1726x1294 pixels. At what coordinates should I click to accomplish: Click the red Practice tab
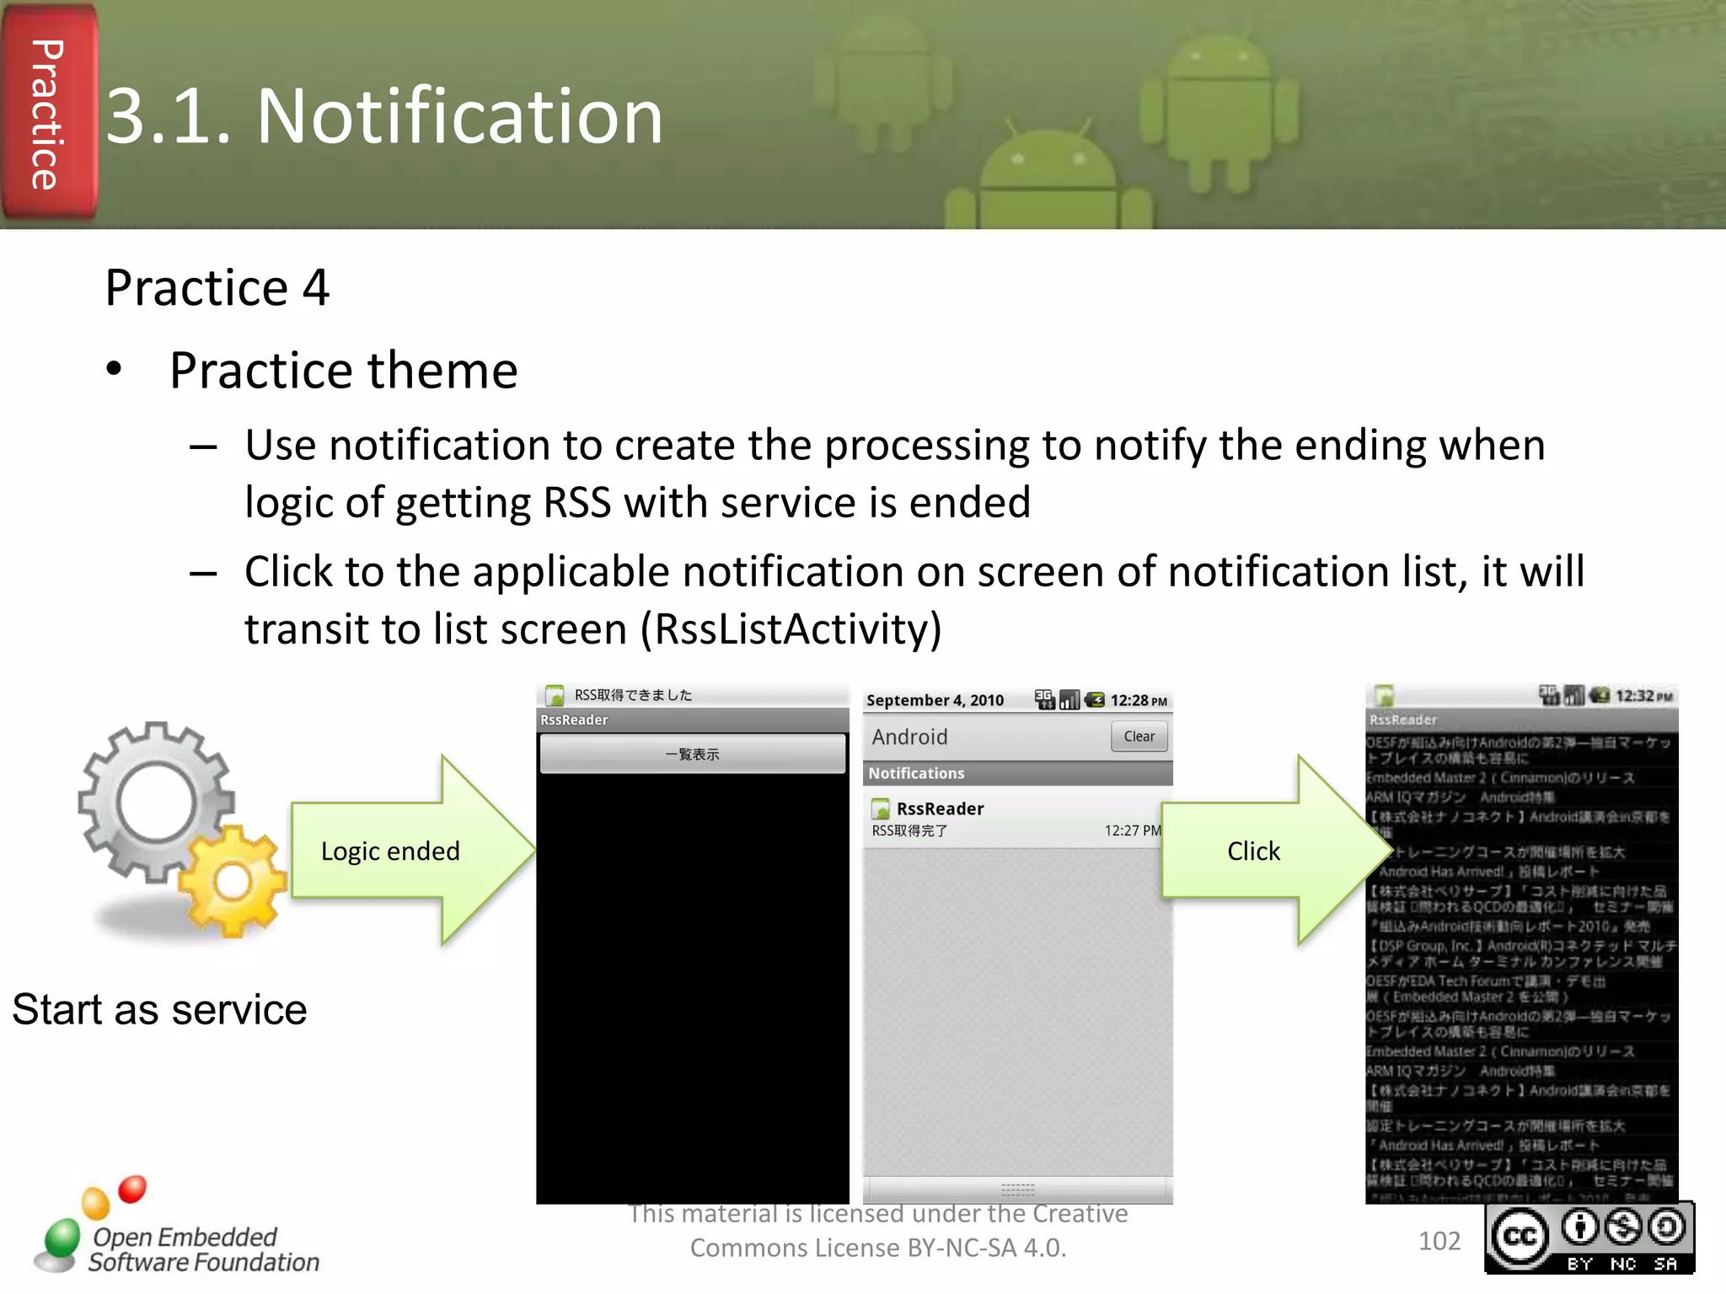click(x=48, y=114)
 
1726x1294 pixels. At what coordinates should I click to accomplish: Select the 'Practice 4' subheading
click(x=217, y=288)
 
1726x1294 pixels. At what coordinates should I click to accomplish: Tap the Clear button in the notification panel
click(x=1139, y=736)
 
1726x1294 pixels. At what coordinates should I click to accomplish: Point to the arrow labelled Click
click(x=1264, y=851)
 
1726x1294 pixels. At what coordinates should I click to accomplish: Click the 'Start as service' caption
click(x=160, y=1009)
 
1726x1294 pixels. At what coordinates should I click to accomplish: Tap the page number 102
click(x=1439, y=1241)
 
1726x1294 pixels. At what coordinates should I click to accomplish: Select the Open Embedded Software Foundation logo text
click(x=202, y=1249)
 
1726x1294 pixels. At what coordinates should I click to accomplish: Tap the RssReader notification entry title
click(x=940, y=809)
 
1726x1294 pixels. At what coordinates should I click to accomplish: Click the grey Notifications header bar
click(x=1017, y=773)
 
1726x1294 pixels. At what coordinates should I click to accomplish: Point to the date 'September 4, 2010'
click(x=935, y=700)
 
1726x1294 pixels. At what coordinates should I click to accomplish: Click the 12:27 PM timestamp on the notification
click(x=1132, y=831)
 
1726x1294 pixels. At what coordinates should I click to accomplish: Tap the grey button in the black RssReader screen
click(x=692, y=754)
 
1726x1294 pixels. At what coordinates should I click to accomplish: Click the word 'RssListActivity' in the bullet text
click(x=790, y=629)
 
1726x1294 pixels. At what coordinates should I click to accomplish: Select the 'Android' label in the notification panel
click(x=909, y=737)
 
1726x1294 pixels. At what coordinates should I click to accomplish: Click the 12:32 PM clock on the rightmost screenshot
click(x=1643, y=696)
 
